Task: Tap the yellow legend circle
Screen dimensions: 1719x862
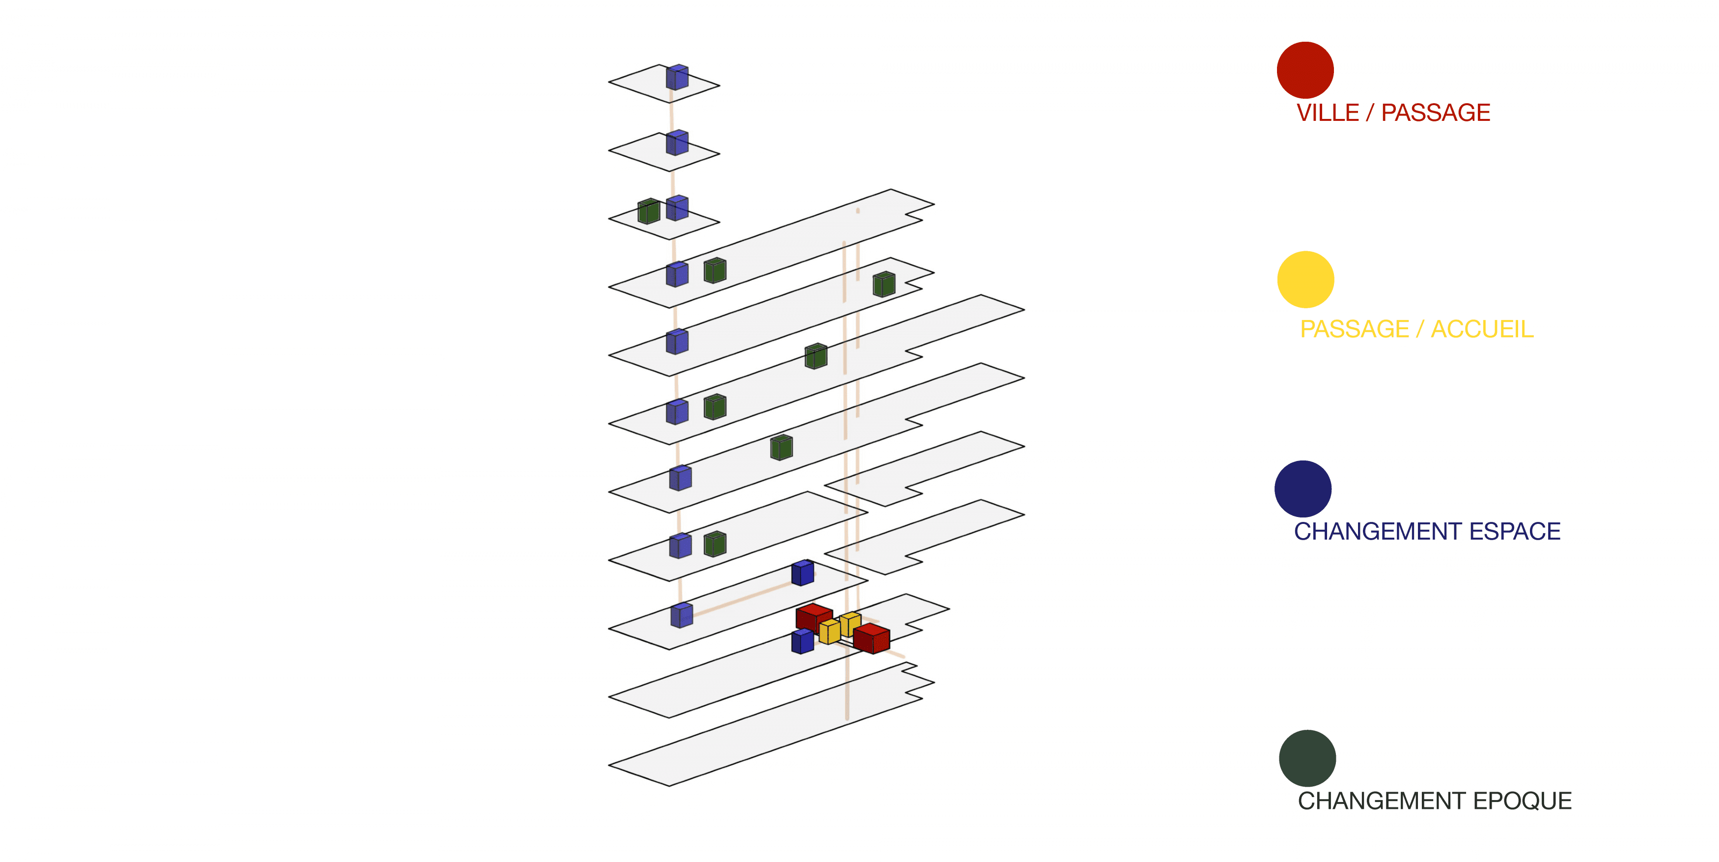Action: [1305, 279]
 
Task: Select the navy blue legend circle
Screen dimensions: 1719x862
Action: [1303, 489]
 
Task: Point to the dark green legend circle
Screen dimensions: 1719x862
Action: [1307, 758]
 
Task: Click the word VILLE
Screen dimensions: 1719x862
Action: [1327, 113]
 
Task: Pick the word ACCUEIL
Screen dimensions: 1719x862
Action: [1482, 329]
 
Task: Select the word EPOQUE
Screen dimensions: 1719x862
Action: [1522, 801]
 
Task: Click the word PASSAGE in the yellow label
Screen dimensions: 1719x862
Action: [1355, 329]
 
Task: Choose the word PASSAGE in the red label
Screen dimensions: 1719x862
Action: [1436, 113]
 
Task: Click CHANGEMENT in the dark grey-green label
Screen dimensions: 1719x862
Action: [1382, 801]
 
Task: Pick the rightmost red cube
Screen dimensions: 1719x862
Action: [871, 638]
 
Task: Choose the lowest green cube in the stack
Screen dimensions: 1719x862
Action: [715, 544]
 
